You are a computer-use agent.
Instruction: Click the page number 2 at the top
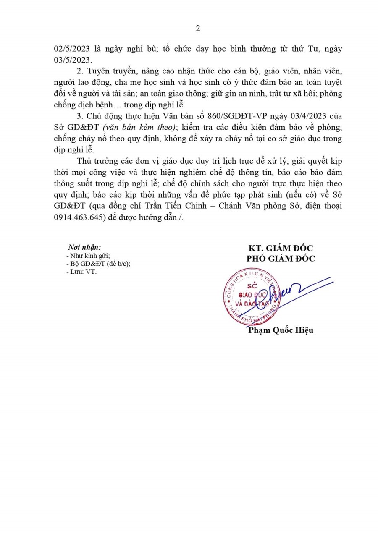198,29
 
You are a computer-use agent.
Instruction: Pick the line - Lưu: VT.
81,272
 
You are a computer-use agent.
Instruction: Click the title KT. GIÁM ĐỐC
280,249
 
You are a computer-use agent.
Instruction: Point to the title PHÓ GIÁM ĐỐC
280,259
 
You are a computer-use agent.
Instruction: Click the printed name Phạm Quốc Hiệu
280,330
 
